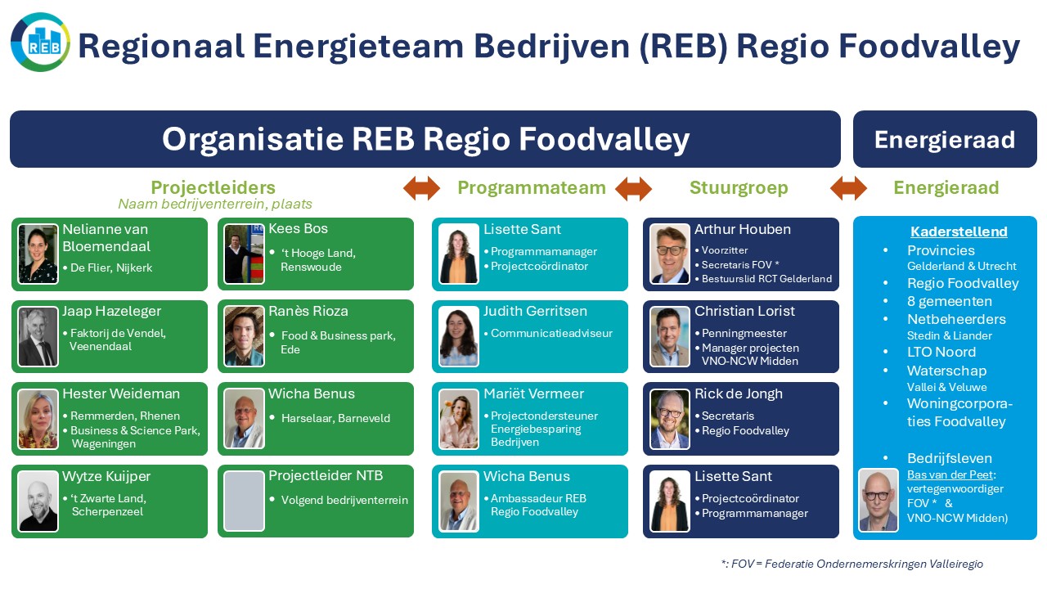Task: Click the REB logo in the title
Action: [40, 42]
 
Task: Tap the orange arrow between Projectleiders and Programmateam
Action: [421, 188]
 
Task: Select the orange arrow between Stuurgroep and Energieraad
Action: [848, 188]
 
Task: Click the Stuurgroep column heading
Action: [739, 188]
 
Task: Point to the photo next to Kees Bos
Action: [244, 254]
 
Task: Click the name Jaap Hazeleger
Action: [112, 312]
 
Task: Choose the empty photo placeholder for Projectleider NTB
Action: [244, 501]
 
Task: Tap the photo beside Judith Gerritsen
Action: [459, 336]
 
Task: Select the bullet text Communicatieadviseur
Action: [551, 333]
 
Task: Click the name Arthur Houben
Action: [742, 230]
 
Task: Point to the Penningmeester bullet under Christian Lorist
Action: [744, 333]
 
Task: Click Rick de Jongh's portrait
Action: [669, 420]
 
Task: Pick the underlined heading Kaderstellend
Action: [959, 232]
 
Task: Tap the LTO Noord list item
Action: [941, 352]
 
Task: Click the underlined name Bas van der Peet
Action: [950, 475]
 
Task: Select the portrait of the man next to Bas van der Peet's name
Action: [878, 500]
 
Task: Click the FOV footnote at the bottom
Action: [852, 564]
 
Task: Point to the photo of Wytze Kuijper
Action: [38, 501]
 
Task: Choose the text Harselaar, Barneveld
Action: [335, 418]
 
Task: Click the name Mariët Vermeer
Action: [534, 394]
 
